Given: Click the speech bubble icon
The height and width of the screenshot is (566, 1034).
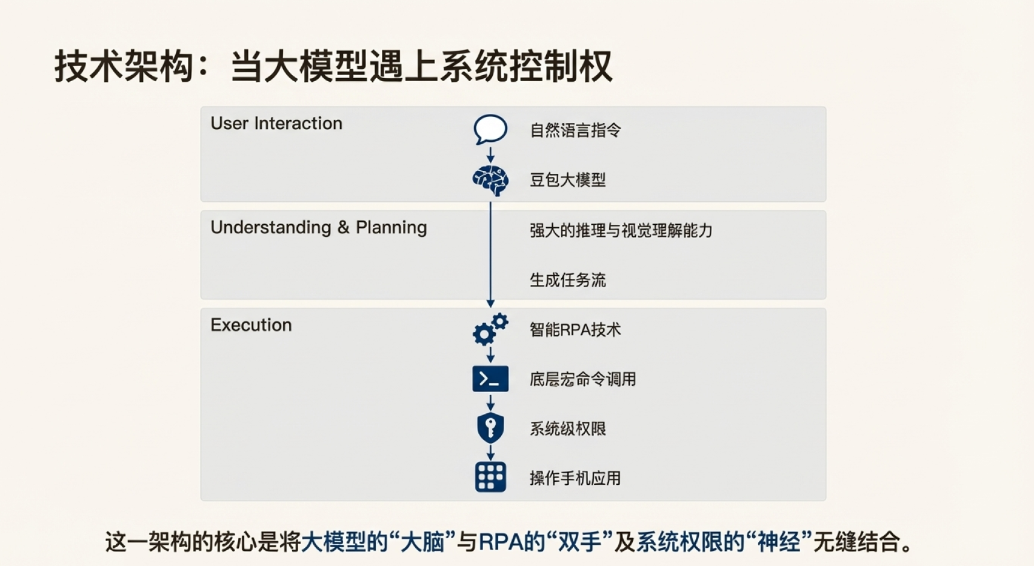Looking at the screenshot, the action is (x=490, y=129).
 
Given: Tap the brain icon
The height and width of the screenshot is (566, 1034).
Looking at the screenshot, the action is (x=490, y=180).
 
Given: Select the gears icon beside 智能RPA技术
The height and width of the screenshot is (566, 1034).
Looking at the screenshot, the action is (x=490, y=329).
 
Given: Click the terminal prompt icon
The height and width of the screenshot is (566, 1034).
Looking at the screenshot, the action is (x=490, y=379).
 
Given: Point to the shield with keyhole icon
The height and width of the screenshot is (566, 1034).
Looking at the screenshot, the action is (x=490, y=428).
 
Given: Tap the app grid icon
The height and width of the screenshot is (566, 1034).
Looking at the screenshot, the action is (x=490, y=477).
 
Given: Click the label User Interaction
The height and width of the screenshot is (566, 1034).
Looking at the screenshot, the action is (x=276, y=123).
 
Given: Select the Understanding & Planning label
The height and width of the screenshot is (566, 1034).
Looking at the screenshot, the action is (x=319, y=228).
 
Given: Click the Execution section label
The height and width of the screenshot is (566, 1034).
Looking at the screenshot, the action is (x=251, y=325).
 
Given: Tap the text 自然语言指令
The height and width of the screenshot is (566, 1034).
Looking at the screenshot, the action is (x=575, y=130).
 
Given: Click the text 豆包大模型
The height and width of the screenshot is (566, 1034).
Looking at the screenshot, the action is (x=568, y=179).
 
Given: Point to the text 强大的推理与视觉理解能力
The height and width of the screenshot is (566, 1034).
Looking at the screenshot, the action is (x=621, y=230).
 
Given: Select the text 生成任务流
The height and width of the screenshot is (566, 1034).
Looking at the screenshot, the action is (x=568, y=280).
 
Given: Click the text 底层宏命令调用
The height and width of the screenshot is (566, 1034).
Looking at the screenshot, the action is (x=582, y=379).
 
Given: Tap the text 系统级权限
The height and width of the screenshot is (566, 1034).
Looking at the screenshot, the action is (x=568, y=429).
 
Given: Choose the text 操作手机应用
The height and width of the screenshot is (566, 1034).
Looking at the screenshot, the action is (x=575, y=478).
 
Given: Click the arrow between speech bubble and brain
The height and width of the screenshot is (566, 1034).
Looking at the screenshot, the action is (x=490, y=155).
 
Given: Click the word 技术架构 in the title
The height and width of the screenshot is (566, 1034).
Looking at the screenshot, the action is (x=124, y=67).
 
